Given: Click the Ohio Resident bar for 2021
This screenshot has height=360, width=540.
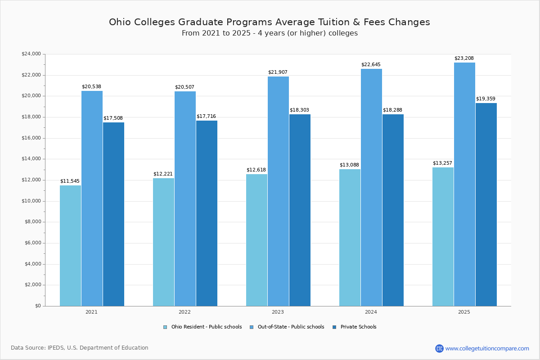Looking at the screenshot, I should coord(70,246).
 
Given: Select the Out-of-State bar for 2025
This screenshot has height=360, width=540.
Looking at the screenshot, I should coord(464,184).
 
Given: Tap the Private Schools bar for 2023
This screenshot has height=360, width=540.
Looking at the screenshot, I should coord(300,210).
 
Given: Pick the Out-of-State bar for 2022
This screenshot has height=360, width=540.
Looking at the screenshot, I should coord(185,198).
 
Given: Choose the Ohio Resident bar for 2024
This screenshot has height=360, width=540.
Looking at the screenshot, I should coord(350,238).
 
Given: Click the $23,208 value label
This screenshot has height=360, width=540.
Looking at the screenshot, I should coord(464,58).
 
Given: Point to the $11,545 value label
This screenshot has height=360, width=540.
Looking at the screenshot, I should coord(70,181).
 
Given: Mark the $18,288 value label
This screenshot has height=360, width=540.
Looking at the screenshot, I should coord(392,110).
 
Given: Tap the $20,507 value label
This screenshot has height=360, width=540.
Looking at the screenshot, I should coord(184,87).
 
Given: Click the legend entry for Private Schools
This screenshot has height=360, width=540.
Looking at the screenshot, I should coord(358,327).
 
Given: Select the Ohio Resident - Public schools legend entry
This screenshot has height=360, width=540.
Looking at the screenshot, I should coord(206,327).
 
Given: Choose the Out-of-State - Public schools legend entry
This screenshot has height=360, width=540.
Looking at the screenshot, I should coord(291,327).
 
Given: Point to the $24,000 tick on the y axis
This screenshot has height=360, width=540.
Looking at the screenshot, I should coord(31,54).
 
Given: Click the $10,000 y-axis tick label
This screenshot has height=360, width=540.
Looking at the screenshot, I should coord(31,201).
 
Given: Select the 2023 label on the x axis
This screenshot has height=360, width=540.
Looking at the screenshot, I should coord(278,312).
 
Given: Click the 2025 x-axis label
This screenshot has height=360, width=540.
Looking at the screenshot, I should coord(464,312).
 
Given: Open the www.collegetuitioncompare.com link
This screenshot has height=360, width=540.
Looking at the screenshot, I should coord(487,348).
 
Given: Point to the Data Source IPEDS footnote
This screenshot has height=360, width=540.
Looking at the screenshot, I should coord(80,348).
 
